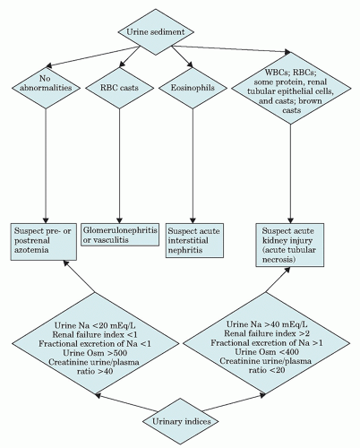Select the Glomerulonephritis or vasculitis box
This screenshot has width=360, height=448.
pos(122,235)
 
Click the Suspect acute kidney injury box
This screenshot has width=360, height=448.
pos(288,241)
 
